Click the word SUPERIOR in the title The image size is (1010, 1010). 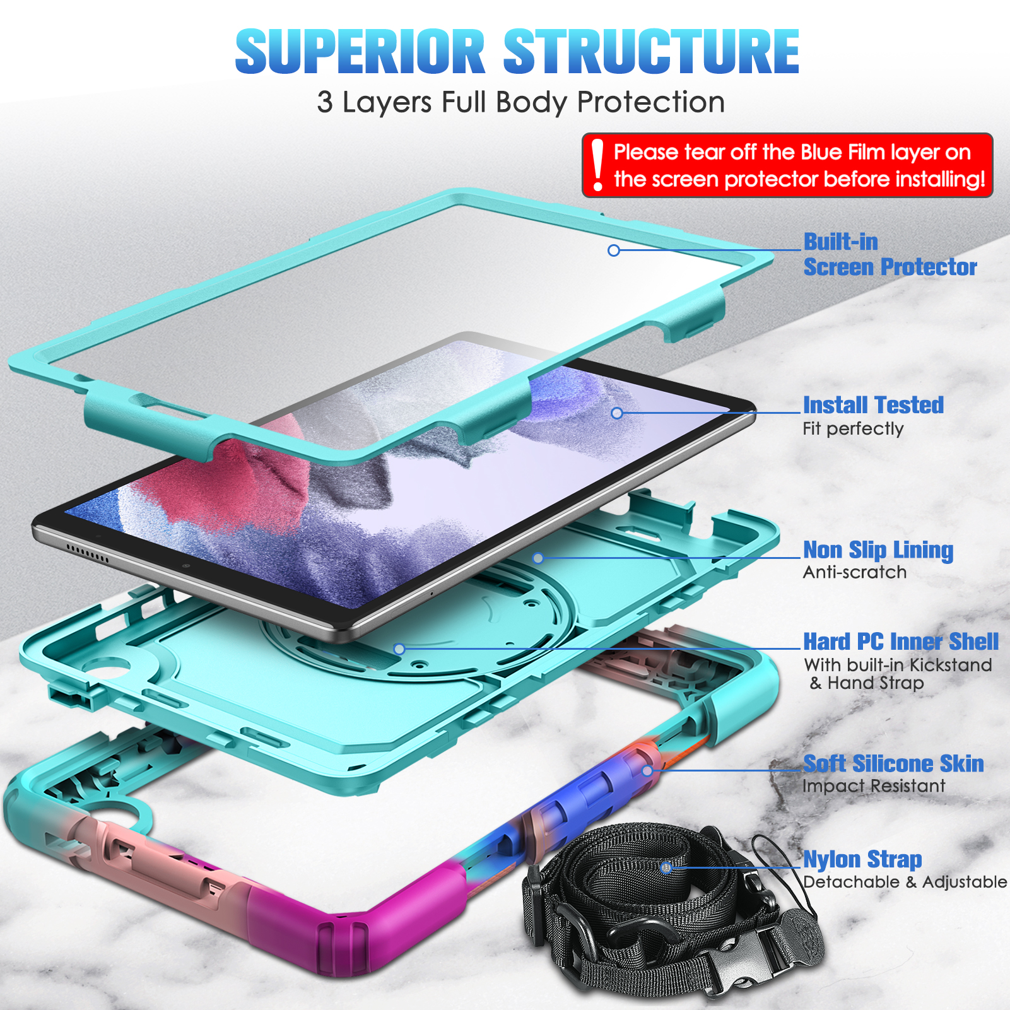point(360,52)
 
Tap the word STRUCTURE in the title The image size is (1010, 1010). point(652,52)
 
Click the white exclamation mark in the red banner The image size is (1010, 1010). point(597,165)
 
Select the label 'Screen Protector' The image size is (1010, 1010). point(890,267)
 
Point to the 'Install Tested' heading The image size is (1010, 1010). point(873,405)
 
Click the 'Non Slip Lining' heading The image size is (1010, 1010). point(878,550)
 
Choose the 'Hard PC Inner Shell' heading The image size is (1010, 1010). point(901,642)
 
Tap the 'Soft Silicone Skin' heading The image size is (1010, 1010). point(893,764)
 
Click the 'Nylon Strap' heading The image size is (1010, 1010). point(862,860)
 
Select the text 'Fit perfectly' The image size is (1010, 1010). point(853,429)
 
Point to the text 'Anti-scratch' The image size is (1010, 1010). point(855,572)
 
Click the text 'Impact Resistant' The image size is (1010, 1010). point(874,786)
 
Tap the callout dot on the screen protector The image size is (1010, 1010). point(614,250)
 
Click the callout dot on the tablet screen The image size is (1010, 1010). point(617,413)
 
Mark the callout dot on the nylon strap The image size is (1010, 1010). point(666,867)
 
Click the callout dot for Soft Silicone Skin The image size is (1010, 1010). point(647,771)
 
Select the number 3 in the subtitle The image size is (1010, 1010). point(324,102)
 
